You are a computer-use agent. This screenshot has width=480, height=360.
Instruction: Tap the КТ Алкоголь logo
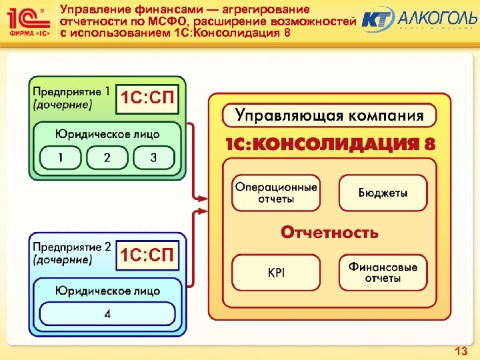pyautogui.click(x=417, y=19)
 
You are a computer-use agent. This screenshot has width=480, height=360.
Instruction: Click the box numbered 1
pyautogui.click(x=60, y=158)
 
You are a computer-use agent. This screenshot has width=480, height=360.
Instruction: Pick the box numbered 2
pyautogui.click(x=107, y=158)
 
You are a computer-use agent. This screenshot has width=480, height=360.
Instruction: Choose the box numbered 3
pyautogui.click(x=154, y=158)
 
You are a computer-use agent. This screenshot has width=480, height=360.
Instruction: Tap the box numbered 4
pyautogui.click(x=107, y=313)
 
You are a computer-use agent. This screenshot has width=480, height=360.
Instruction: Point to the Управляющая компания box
pyautogui.click(x=329, y=115)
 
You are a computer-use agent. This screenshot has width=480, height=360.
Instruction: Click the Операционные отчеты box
pyautogui.click(x=276, y=193)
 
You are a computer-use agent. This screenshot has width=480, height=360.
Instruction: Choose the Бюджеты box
pyautogui.click(x=383, y=193)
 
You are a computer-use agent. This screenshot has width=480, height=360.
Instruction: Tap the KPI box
pyautogui.click(x=276, y=272)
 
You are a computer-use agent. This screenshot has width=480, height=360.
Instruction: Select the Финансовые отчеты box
pyautogui.click(x=383, y=272)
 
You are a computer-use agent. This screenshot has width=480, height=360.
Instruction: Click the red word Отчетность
pyautogui.click(x=329, y=232)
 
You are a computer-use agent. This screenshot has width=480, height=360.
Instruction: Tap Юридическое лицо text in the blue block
pyautogui.click(x=107, y=291)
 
